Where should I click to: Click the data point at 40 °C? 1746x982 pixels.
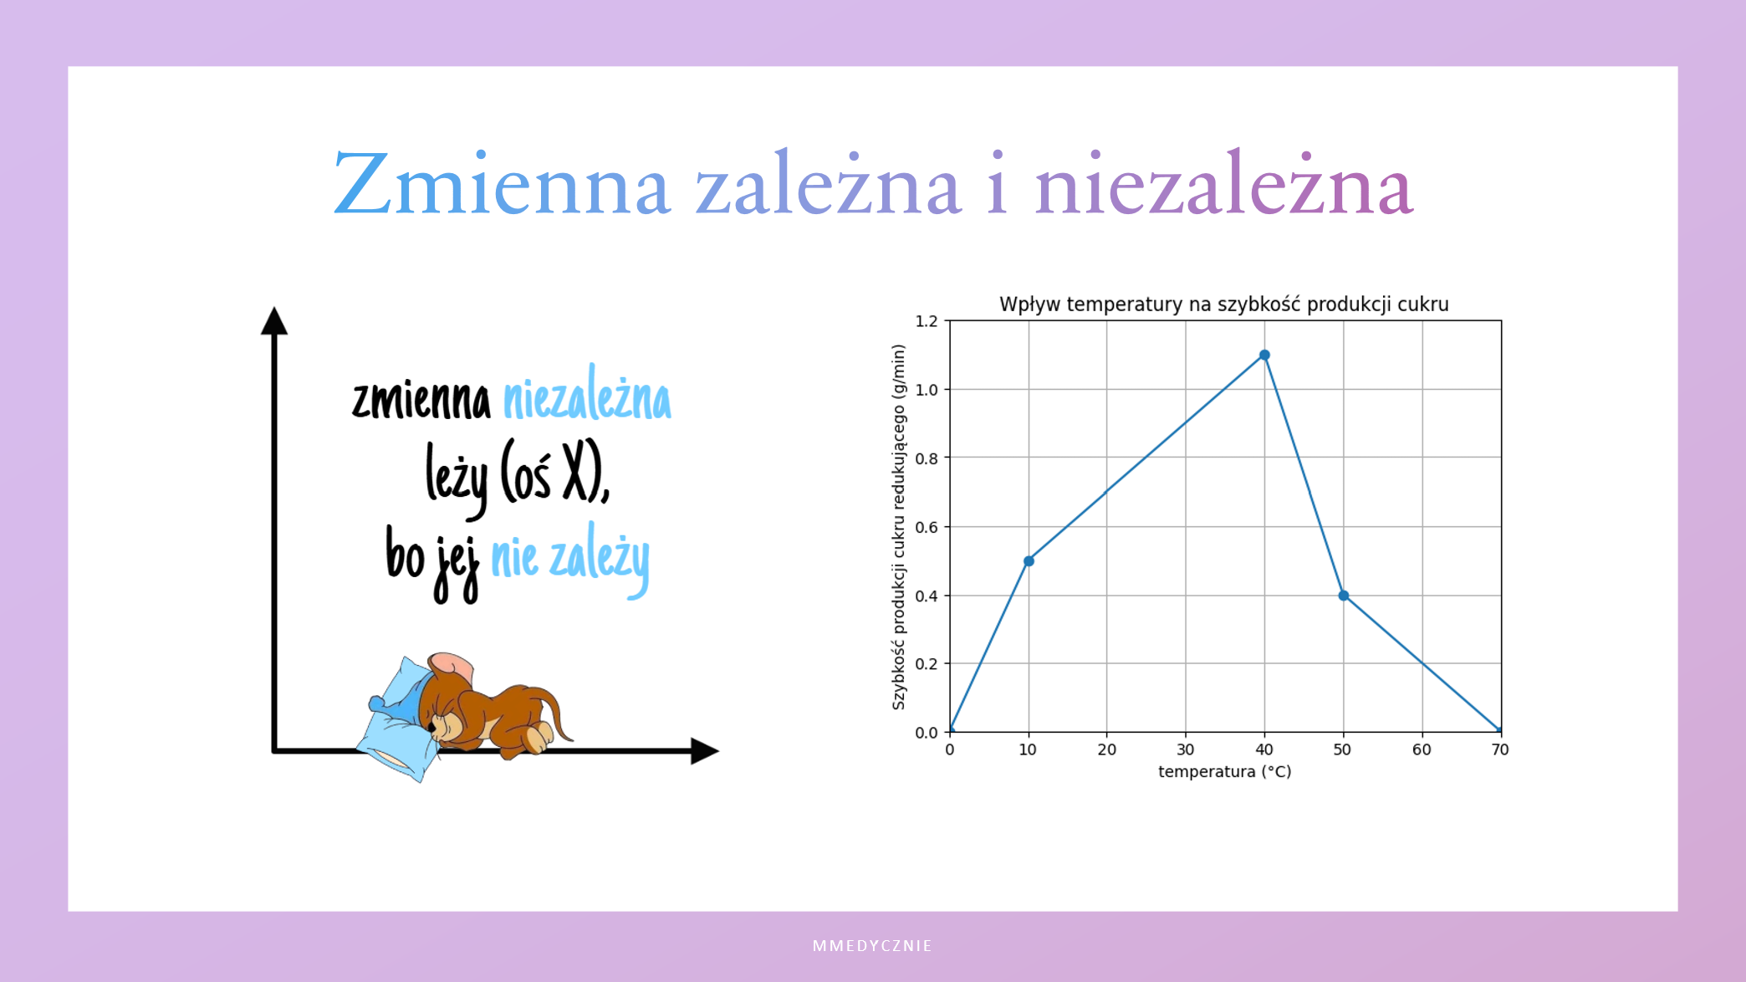[x=1264, y=355]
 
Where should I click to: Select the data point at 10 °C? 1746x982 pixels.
[x=1029, y=561]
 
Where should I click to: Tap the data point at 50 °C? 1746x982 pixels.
[x=1343, y=596]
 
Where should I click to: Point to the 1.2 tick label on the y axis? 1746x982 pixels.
[x=927, y=321]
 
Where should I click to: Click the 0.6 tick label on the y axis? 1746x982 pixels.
[x=927, y=527]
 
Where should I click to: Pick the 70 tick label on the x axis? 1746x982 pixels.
[x=1500, y=749]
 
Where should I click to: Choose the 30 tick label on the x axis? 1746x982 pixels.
[x=1186, y=749]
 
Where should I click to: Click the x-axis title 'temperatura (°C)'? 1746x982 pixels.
[x=1225, y=771]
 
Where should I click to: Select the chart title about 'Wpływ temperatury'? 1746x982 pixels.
[x=1224, y=304]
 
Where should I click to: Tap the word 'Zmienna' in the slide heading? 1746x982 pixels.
[x=502, y=183]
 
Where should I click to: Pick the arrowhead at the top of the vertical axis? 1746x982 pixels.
[x=274, y=320]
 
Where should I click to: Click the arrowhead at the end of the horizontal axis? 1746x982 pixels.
[x=705, y=751]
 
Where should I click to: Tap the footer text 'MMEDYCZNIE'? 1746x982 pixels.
[x=873, y=946]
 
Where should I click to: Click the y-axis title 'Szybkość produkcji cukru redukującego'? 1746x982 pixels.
[x=899, y=527]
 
